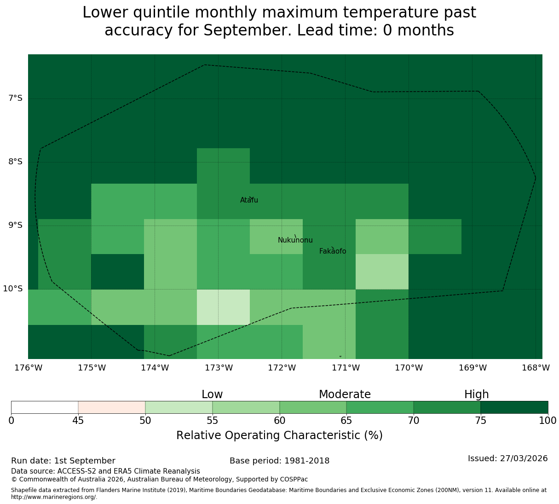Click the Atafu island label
coord(249,200)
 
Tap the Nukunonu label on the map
coord(295,240)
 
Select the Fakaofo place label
coord(333,251)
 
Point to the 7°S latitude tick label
coord(15,98)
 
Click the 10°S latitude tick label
coord(12,289)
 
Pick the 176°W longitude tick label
coord(28,368)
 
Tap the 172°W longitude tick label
coord(282,368)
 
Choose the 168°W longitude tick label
coord(536,368)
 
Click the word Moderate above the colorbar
coord(345,394)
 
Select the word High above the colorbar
coord(477,394)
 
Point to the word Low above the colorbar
coord(212,394)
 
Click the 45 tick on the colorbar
coord(78,420)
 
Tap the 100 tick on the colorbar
coord(548,420)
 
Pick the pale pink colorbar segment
coord(112,407)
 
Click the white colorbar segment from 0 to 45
coord(45,407)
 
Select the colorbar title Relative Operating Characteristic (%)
coord(280,435)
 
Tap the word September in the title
coord(248,30)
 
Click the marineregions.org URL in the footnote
coord(54,497)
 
